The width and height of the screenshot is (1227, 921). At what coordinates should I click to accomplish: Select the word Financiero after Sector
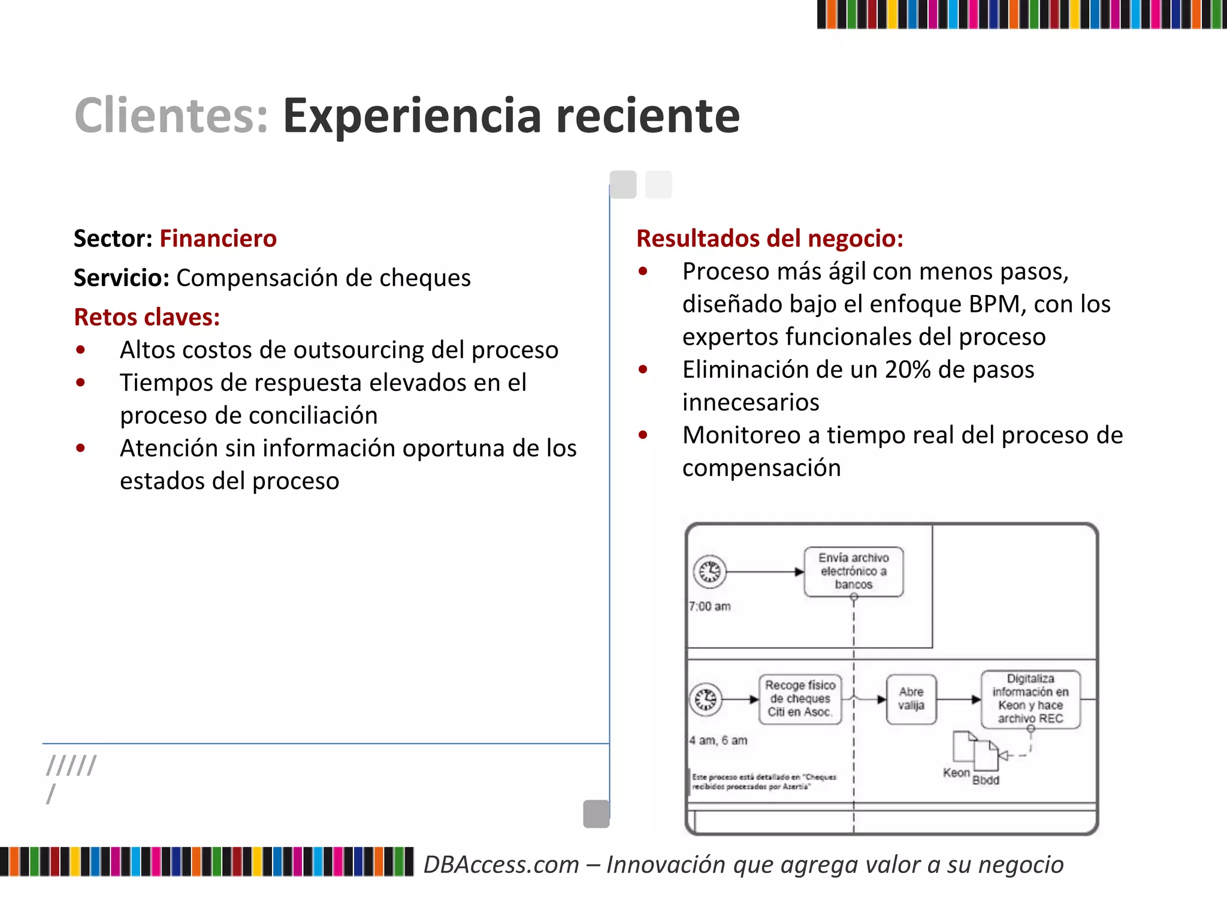pyautogui.click(x=218, y=239)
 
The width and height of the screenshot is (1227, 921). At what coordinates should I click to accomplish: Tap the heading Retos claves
pyautogui.click(x=147, y=317)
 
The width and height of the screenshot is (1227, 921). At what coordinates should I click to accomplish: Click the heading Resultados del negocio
pyautogui.click(x=770, y=239)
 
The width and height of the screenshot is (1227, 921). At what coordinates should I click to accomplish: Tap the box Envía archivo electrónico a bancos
pyautogui.click(x=853, y=571)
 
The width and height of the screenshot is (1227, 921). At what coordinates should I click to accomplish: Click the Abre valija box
pyautogui.click(x=911, y=699)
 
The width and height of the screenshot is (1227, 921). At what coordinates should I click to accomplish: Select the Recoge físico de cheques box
pyautogui.click(x=800, y=699)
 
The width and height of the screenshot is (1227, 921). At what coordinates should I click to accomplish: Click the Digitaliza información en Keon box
pyautogui.click(x=1030, y=699)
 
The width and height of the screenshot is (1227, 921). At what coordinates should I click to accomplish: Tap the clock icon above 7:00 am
pyautogui.click(x=710, y=571)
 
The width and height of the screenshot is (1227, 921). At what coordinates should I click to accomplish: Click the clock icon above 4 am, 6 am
pyautogui.click(x=706, y=699)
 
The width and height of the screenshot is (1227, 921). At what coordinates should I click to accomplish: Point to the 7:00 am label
pyautogui.click(x=710, y=607)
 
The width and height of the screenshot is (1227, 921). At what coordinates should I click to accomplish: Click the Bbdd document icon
pyautogui.click(x=986, y=757)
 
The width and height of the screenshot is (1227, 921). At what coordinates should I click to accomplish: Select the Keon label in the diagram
pyautogui.click(x=956, y=773)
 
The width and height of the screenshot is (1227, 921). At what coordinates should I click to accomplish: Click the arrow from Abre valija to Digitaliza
pyautogui.click(x=959, y=699)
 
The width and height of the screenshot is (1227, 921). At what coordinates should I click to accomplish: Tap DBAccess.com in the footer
pyautogui.click(x=501, y=865)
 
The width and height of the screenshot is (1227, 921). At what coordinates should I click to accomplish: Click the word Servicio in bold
pyautogui.click(x=122, y=278)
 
